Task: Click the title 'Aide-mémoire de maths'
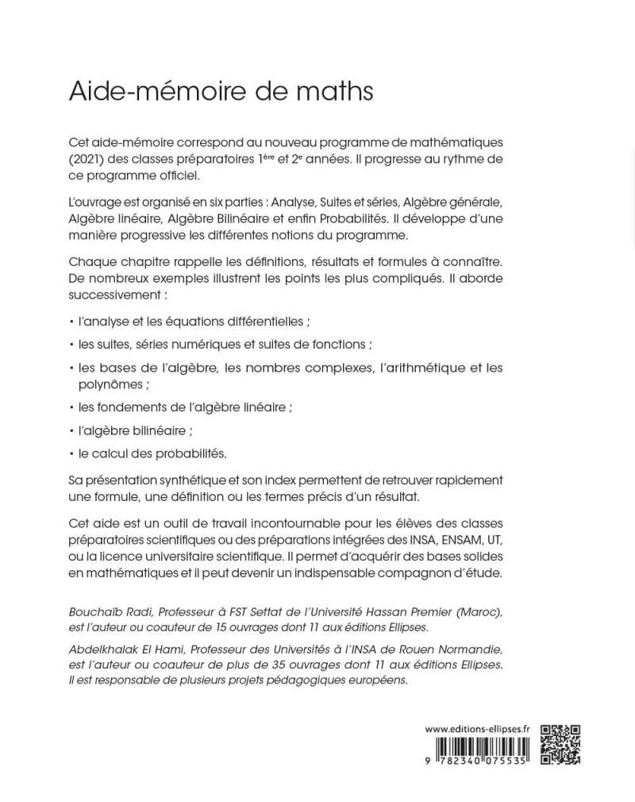221,91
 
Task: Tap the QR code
560,745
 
